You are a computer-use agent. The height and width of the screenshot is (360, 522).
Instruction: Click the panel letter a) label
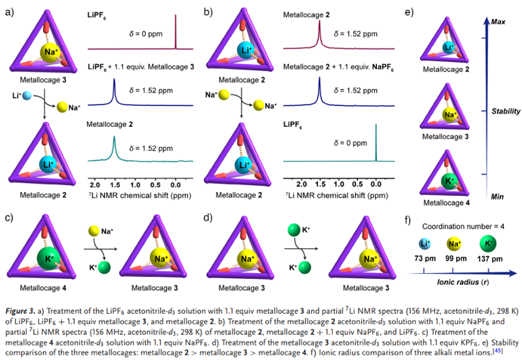point(10,11)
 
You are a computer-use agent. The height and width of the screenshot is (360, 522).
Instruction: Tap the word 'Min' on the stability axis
point(498,195)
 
